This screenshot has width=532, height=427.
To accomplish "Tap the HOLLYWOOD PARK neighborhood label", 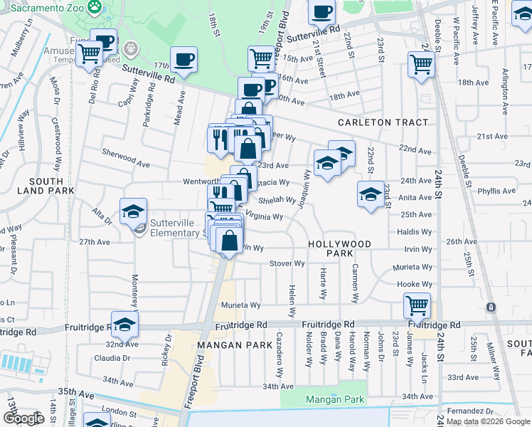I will point(340,248).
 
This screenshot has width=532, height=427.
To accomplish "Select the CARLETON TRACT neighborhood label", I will point(383,122).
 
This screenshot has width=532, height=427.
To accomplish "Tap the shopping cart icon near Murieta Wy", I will point(416,306).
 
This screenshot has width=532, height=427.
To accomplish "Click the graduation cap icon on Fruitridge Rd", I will point(124,324).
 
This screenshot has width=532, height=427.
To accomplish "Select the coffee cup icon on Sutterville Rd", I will point(184,60).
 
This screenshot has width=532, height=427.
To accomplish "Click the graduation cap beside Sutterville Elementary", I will point(133,211).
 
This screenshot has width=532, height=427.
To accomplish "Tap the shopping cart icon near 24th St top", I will point(421,64).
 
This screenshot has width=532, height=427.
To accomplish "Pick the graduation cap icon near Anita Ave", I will point(371,194).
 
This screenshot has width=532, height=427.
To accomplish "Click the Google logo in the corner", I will point(23,418).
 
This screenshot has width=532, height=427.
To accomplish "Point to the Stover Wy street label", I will point(287,263).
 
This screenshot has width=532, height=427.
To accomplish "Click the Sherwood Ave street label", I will point(125,164).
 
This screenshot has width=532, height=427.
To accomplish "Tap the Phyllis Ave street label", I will point(496,191).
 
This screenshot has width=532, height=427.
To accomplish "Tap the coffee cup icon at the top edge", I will point(322,11).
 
